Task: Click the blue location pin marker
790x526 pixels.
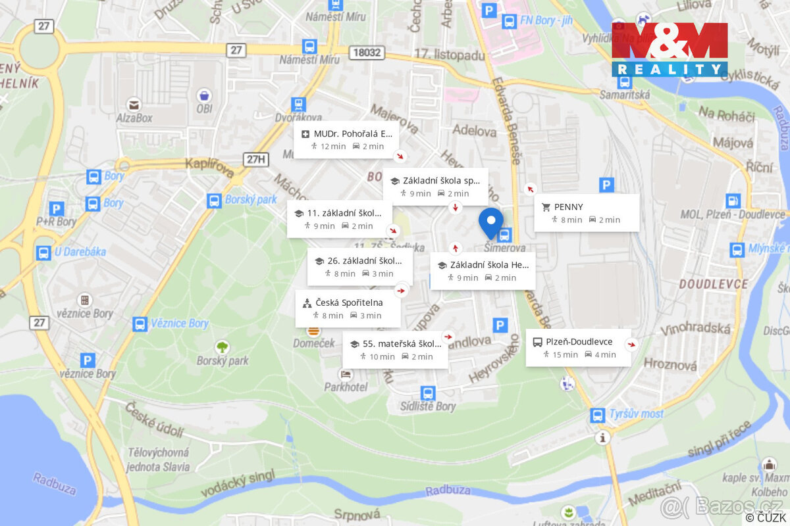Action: [x=490, y=222]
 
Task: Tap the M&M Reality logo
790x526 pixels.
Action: [x=670, y=49]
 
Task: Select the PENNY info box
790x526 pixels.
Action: [x=587, y=213]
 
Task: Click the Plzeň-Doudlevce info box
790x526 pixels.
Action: [x=578, y=348]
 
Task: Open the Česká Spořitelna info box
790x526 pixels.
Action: [x=348, y=309]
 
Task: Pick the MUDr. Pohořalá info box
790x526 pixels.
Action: [x=346, y=139]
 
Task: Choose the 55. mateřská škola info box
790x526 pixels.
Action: [x=395, y=350]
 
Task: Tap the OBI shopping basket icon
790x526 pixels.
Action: [x=204, y=95]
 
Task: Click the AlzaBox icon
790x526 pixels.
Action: [x=134, y=104]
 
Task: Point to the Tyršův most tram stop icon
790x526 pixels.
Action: [x=598, y=416]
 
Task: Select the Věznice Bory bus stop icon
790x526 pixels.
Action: [x=140, y=323]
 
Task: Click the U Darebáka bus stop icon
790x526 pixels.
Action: [x=43, y=252]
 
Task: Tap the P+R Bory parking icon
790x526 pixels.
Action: [x=57, y=208]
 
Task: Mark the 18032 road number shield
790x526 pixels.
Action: [x=367, y=52]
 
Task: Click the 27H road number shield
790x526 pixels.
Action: [x=257, y=158]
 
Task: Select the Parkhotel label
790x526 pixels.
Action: [x=346, y=387]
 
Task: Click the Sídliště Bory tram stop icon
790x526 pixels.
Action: [x=428, y=393]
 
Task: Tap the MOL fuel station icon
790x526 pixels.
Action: [x=733, y=201]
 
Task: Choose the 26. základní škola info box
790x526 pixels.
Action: [x=359, y=266]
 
